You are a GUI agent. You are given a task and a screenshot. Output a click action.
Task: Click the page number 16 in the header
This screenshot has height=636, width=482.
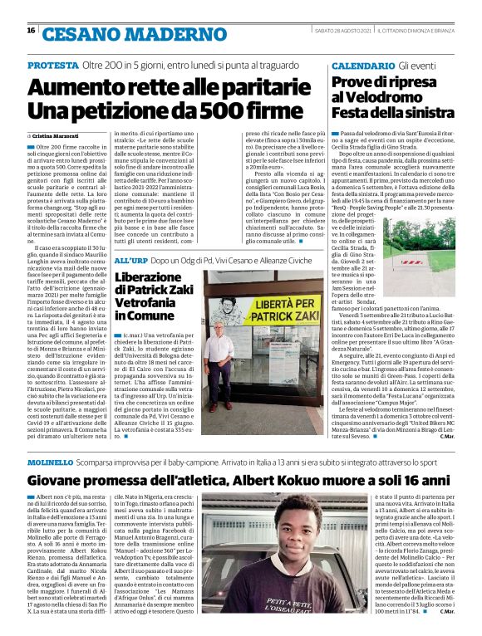(31, 31)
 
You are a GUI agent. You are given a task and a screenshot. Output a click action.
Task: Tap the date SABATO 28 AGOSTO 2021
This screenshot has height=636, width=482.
(341, 31)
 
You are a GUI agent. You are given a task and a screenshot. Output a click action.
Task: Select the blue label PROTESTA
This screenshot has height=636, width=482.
(53, 65)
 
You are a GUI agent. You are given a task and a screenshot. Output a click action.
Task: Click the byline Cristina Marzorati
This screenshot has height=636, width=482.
(56, 135)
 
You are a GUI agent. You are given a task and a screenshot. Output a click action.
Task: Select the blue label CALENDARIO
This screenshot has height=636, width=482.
(362, 65)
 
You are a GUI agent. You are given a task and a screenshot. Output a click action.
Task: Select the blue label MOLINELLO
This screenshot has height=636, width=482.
(51, 460)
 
